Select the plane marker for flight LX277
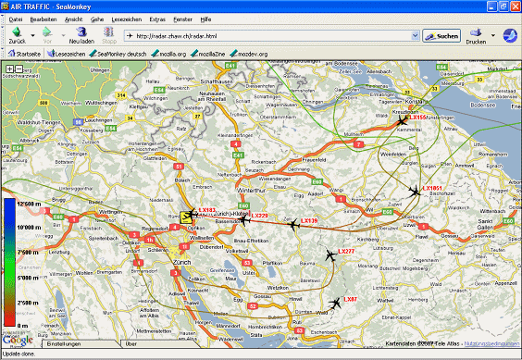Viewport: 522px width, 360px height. coord(329,254)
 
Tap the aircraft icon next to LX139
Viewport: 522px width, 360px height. coord(292,223)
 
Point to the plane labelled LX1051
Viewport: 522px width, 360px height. coord(415,191)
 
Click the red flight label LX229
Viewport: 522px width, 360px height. coord(260,216)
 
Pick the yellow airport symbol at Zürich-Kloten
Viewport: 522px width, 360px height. coord(189,217)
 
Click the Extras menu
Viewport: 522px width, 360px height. coord(157,18)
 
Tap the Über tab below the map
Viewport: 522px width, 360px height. coord(131,343)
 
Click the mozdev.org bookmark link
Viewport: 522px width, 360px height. coord(251,55)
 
